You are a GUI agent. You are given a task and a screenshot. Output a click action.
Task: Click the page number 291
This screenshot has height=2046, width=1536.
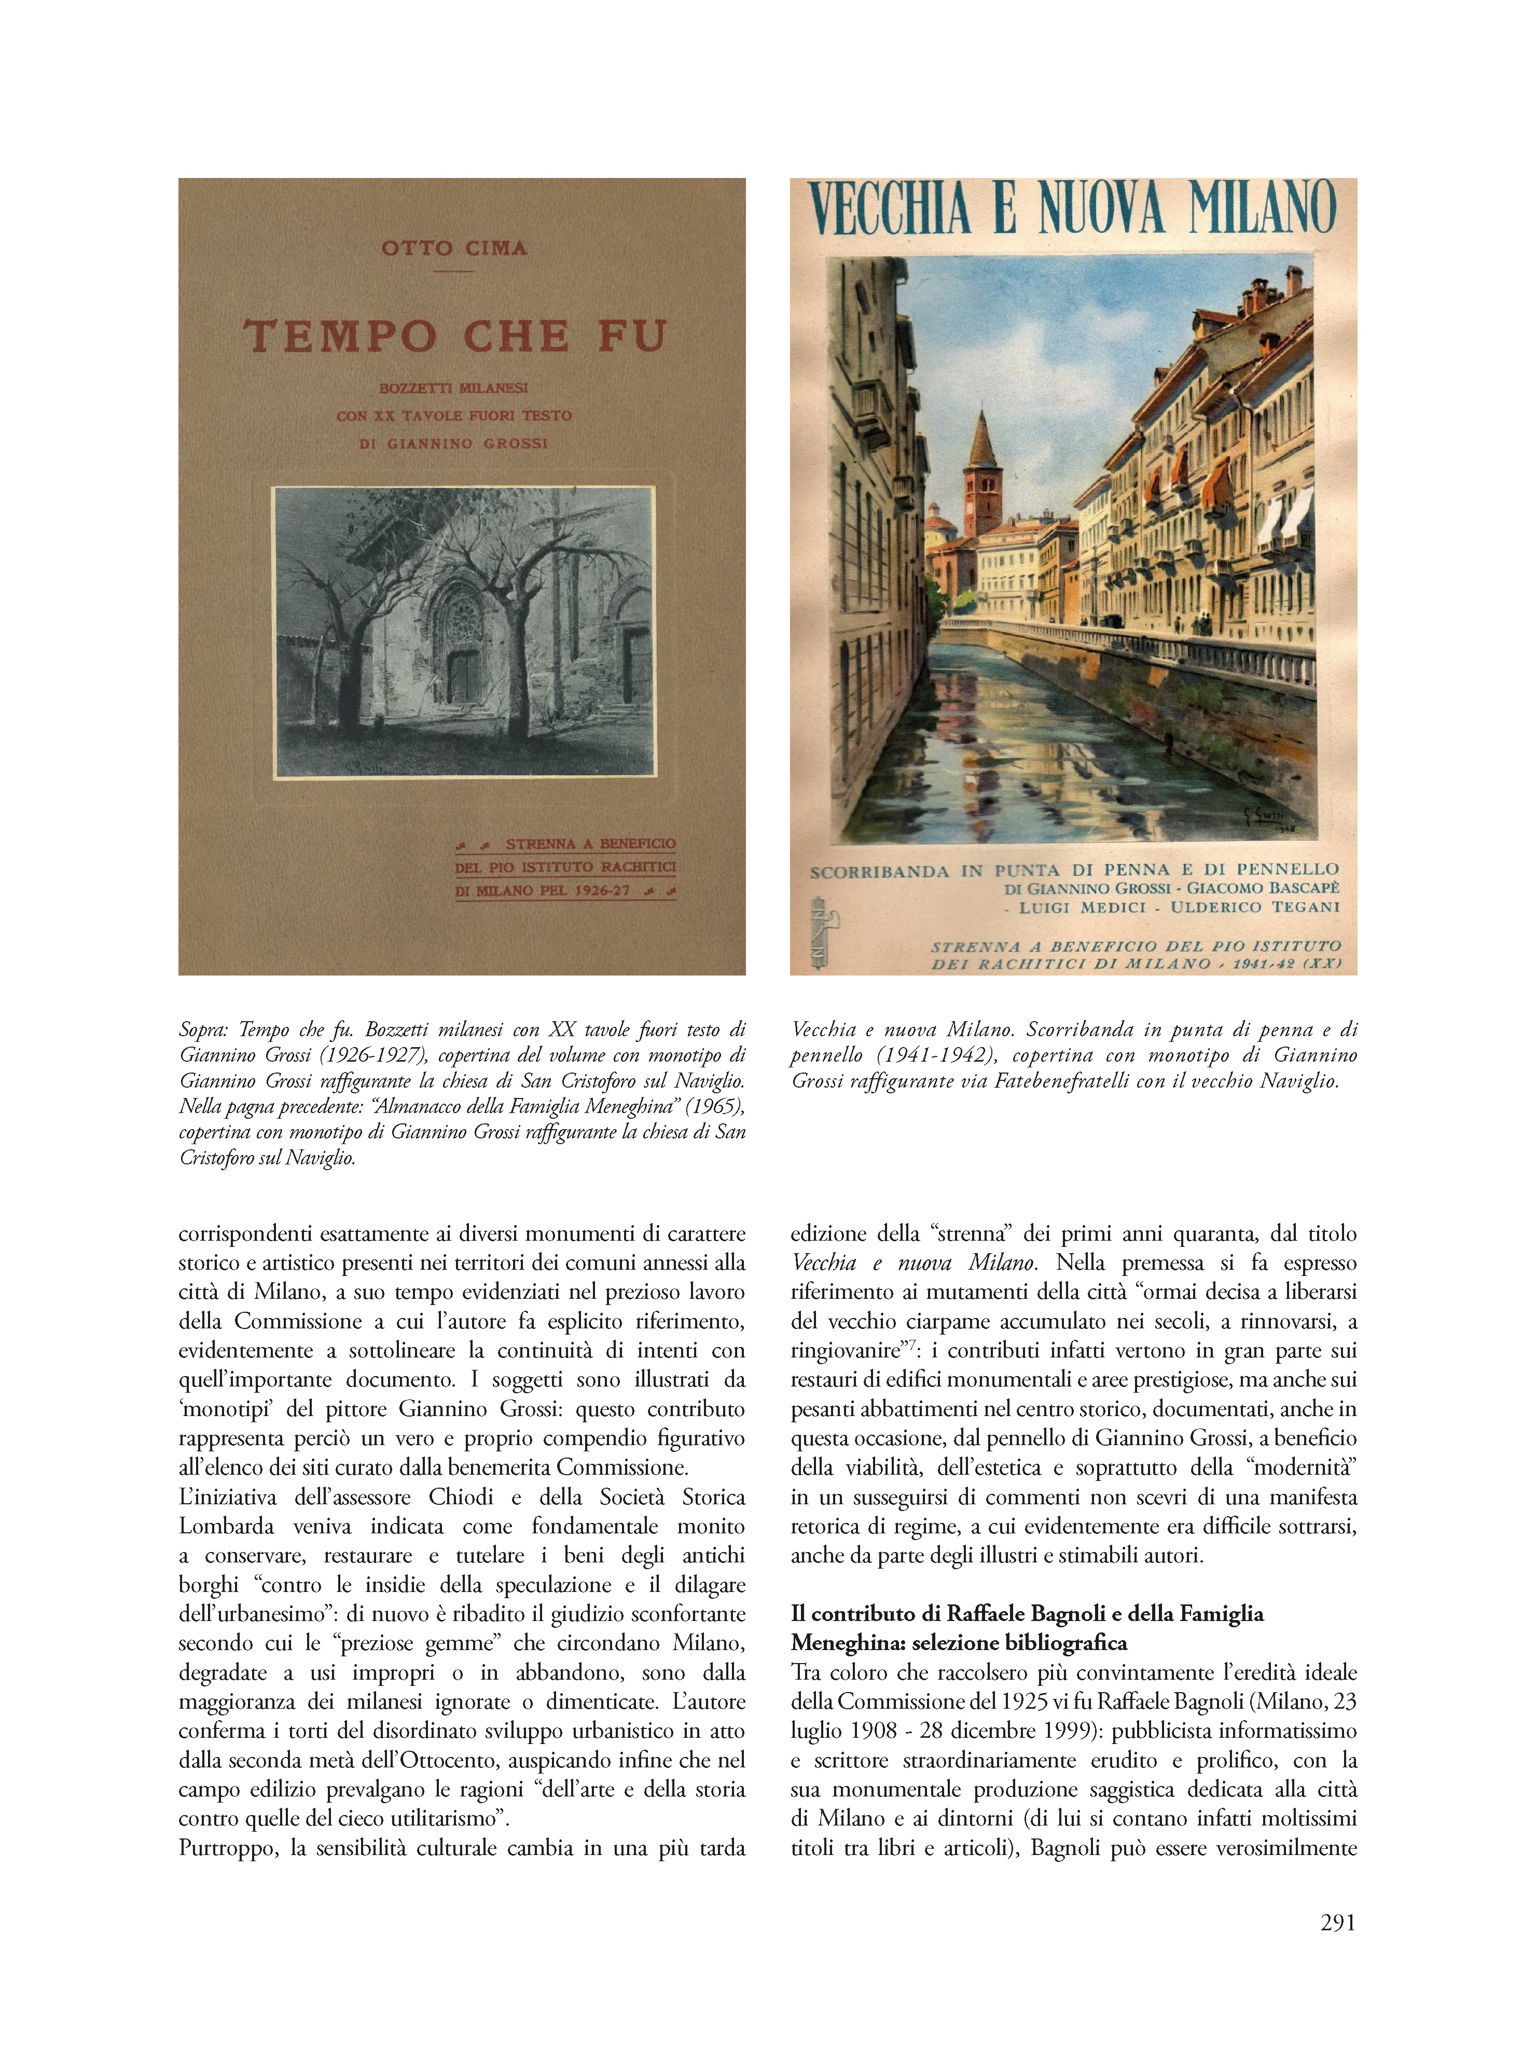pos(1337,1922)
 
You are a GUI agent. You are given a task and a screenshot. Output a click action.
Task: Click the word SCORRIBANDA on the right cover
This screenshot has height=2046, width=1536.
pos(879,871)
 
